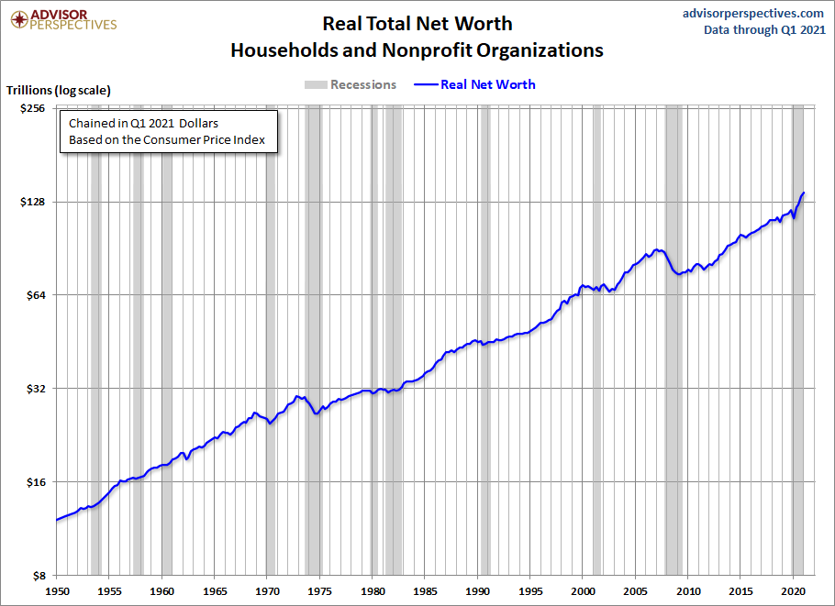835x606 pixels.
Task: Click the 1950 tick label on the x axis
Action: [x=56, y=591]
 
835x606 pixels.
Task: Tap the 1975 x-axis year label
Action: [x=319, y=591]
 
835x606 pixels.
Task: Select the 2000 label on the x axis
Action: [x=583, y=591]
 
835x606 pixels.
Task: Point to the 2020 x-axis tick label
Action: [x=794, y=591]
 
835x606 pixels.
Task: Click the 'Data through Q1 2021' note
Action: [x=763, y=29]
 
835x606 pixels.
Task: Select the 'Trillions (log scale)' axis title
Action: [x=59, y=90]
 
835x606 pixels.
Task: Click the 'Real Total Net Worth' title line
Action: [x=417, y=23]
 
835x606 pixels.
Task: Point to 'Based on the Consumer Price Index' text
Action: [x=167, y=140]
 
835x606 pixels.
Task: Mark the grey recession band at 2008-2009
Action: [x=674, y=340]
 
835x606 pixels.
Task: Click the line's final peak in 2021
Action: [x=804, y=193]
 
